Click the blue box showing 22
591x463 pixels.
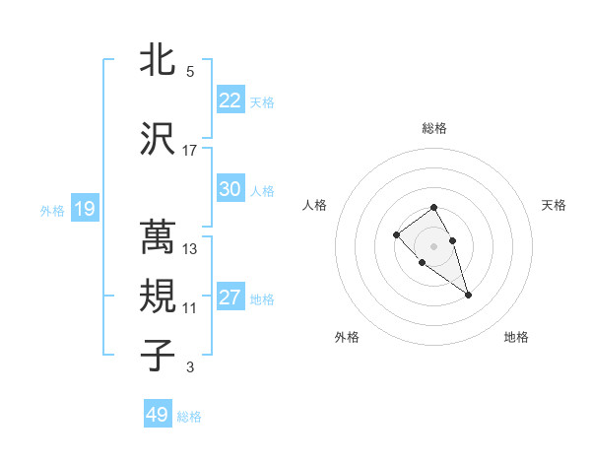point(230,100)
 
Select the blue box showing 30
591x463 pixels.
point(230,189)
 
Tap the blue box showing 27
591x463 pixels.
point(230,298)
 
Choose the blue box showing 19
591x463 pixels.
point(84,209)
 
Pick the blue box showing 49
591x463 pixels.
point(158,415)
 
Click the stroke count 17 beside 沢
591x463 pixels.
point(190,151)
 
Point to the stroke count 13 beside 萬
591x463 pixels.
point(190,249)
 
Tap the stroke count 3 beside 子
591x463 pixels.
point(190,368)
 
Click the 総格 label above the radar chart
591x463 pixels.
point(434,128)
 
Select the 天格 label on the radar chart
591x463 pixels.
point(554,205)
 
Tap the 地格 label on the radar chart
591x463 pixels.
point(516,337)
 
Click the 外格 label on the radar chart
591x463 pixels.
point(348,337)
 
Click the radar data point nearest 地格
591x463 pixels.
point(468,295)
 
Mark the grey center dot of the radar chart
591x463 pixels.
point(434,245)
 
